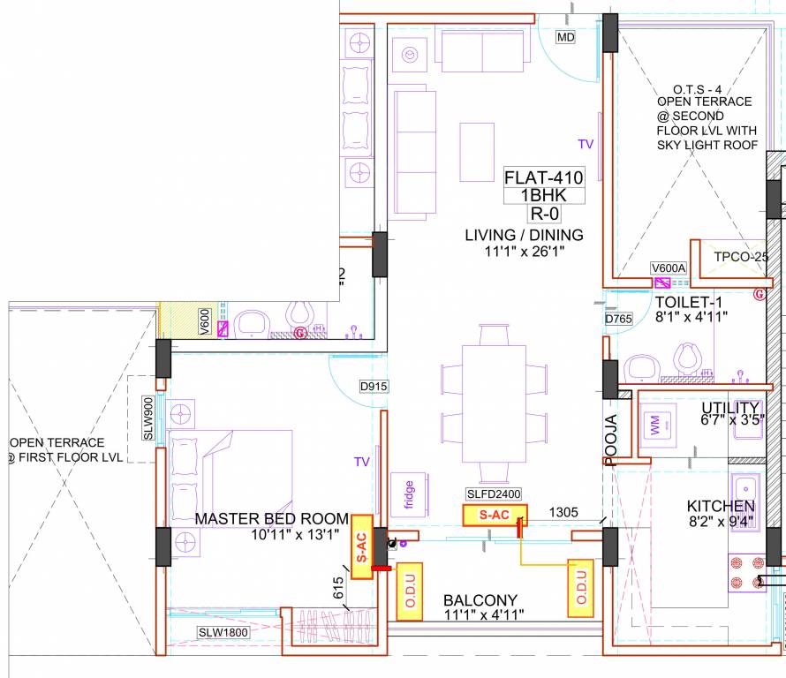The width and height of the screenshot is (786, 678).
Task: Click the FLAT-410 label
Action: click(x=544, y=177)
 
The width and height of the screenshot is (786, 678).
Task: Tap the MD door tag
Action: click(x=566, y=37)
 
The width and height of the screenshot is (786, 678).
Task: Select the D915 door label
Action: click(x=374, y=387)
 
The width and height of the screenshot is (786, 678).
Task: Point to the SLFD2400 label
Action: click(x=495, y=494)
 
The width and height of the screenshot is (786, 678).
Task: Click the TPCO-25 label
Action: click(x=741, y=257)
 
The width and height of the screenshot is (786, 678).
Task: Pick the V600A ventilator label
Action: click(x=668, y=268)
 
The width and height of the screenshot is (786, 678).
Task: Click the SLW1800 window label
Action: click(x=223, y=631)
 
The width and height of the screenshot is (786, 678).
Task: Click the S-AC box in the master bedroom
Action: click(x=360, y=546)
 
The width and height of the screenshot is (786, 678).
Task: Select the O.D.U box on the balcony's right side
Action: click(x=580, y=586)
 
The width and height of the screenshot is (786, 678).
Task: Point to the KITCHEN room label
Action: click(x=722, y=506)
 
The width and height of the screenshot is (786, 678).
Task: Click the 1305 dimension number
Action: click(x=563, y=512)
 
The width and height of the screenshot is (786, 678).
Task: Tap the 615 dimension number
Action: click(x=339, y=587)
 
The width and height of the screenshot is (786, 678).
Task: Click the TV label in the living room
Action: click(x=586, y=143)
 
